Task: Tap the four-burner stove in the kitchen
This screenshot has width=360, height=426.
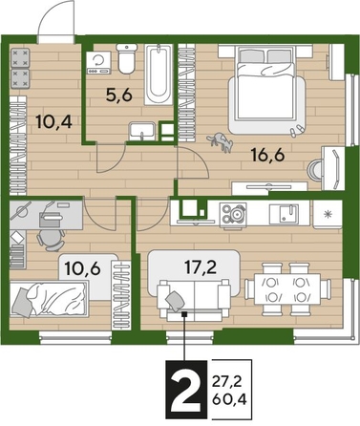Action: point(233,215)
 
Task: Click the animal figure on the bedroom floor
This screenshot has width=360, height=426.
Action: point(225,142)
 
